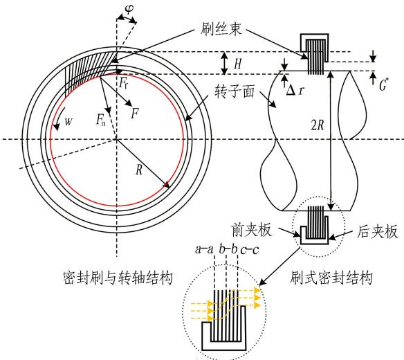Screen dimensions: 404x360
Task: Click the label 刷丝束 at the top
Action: pos(221,28)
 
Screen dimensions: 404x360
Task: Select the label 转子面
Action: pos(235,92)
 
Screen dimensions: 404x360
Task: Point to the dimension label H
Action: pos(237,64)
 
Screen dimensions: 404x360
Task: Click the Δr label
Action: pos(295,90)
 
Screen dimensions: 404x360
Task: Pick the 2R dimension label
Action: pos(318,125)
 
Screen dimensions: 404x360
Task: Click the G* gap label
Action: pos(383,84)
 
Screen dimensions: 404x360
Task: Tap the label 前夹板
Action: pos(252,230)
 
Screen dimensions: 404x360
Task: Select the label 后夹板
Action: pos(377,231)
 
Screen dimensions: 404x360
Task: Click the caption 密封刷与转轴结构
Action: pos(118,278)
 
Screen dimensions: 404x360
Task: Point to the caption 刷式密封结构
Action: pos(331,278)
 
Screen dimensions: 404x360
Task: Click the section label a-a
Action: pos(204,249)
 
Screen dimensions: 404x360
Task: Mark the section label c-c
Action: pos(250,250)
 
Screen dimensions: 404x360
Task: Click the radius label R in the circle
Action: pos(139,170)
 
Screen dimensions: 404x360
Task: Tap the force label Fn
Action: pos(101,120)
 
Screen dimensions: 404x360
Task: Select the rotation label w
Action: pos(68,121)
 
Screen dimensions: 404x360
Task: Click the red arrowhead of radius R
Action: pos(167,184)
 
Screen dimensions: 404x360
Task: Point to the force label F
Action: pos(135,114)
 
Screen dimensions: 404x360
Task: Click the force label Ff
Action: pos(123,83)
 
